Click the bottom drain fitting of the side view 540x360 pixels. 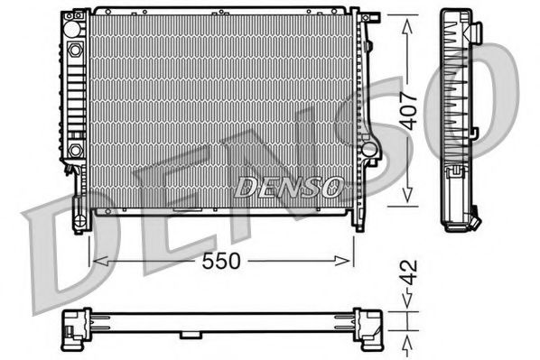[x=472, y=219]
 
